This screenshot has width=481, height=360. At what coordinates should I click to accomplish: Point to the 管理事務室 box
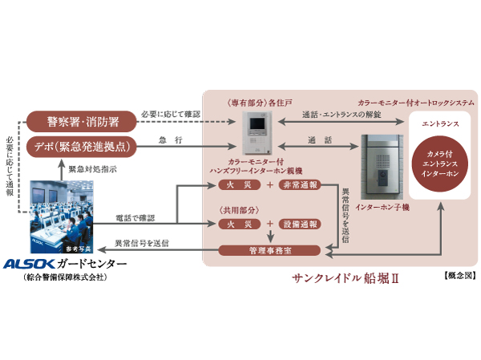[x=270, y=251]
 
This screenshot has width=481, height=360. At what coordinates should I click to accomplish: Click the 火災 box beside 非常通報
[x=240, y=185]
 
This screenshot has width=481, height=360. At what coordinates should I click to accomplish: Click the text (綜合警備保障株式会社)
[x=66, y=277]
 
